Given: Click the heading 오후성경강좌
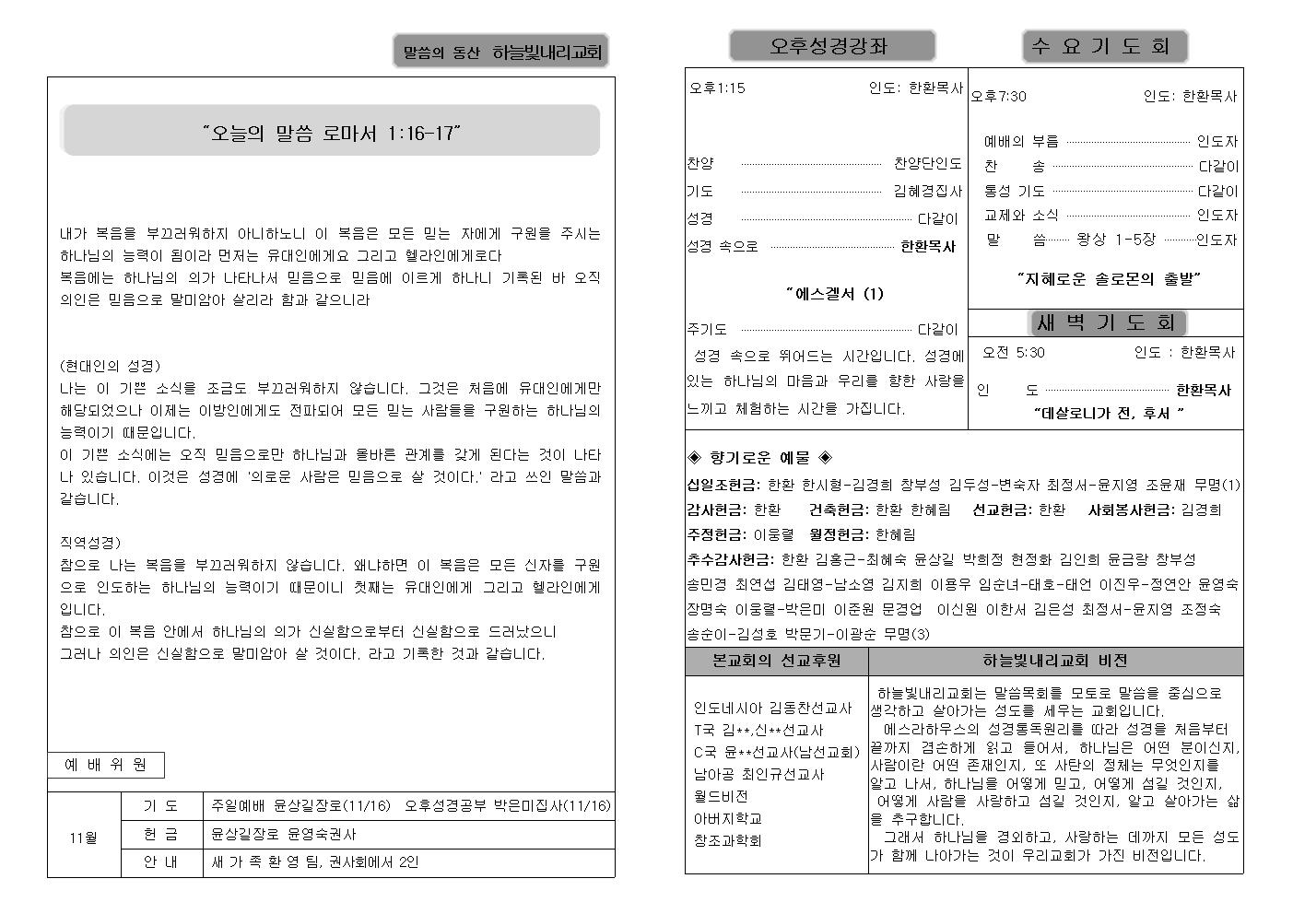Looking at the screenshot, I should coord(831,46).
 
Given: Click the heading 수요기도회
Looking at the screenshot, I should coord(1104,46).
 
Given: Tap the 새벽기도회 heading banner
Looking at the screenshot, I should coord(1106,322).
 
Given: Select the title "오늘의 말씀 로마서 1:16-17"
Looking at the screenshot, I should coord(331,133).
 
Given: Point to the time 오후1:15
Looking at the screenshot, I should coord(717,88).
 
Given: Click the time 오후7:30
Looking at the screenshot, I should coord(998,96).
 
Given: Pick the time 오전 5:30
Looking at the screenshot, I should coord(1013,352).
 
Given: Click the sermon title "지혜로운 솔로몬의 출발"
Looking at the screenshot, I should coord(1110,278).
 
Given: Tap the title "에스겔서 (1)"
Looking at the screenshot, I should coord(834,294).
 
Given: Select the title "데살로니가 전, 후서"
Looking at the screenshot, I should coord(1108,413).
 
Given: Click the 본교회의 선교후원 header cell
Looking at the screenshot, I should coord(777,661).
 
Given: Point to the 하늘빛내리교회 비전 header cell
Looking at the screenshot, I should coord(1054,661).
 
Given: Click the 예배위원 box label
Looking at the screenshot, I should coord(105,765).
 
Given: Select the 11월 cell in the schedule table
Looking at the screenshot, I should coord(84,838).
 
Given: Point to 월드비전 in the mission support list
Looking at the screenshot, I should coord(721,796).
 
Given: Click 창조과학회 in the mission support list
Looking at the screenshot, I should coord(727,840).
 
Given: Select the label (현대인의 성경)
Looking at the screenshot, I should coord(111,366).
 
